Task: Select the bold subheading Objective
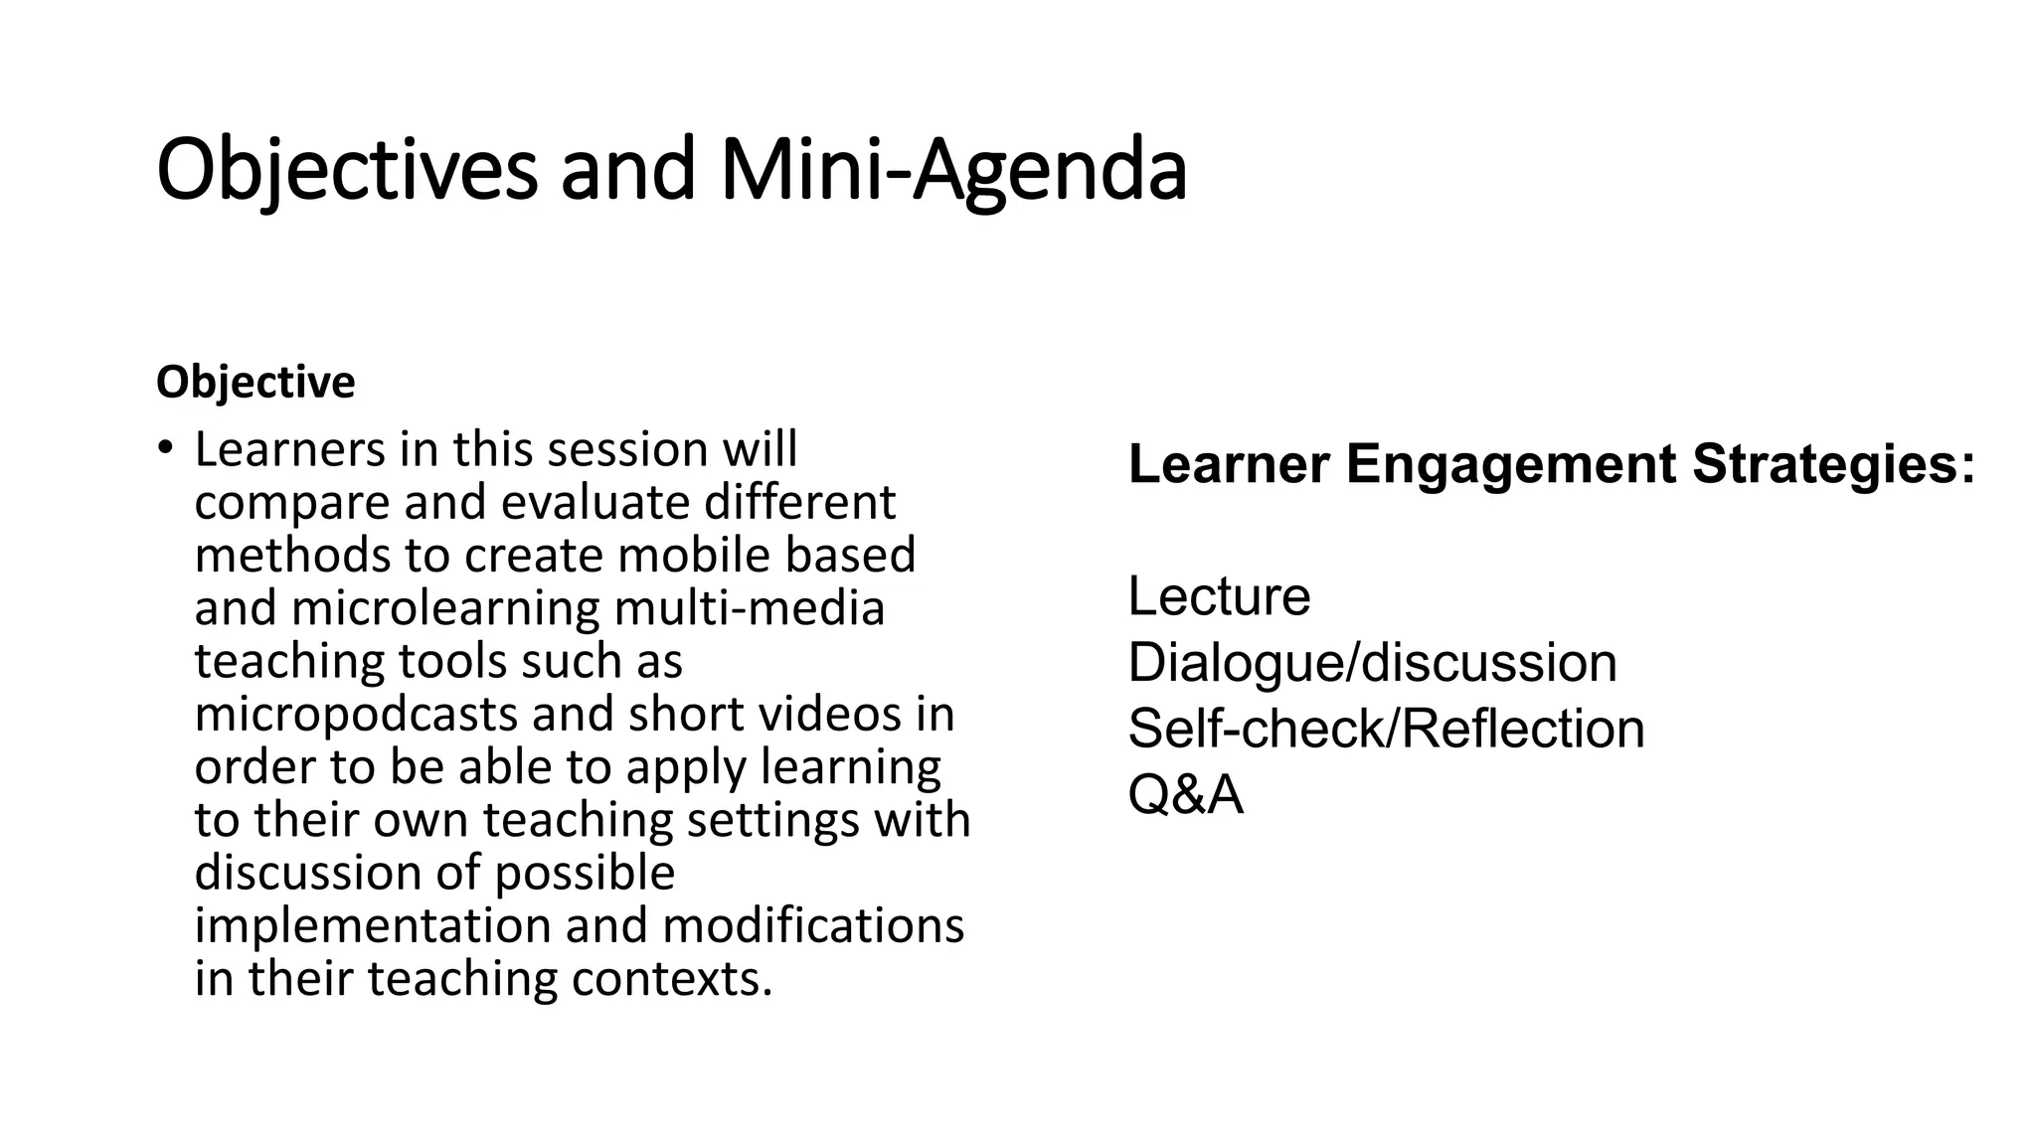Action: click(x=255, y=383)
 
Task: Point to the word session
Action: click(x=627, y=449)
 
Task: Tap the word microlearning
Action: click(x=445, y=607)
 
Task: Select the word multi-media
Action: click(x=749, y=607)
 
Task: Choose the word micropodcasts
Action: click(x=356, y=714)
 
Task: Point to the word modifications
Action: click(x=812, y=925)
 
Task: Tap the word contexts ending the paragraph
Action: click(x=671, y=978)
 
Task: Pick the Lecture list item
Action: click(x=1219, y=596)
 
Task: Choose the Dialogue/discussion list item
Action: click(x=1372, y=663)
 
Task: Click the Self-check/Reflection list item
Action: click(x=1386, y=729)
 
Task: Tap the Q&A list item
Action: click(x=1185, y=795)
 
